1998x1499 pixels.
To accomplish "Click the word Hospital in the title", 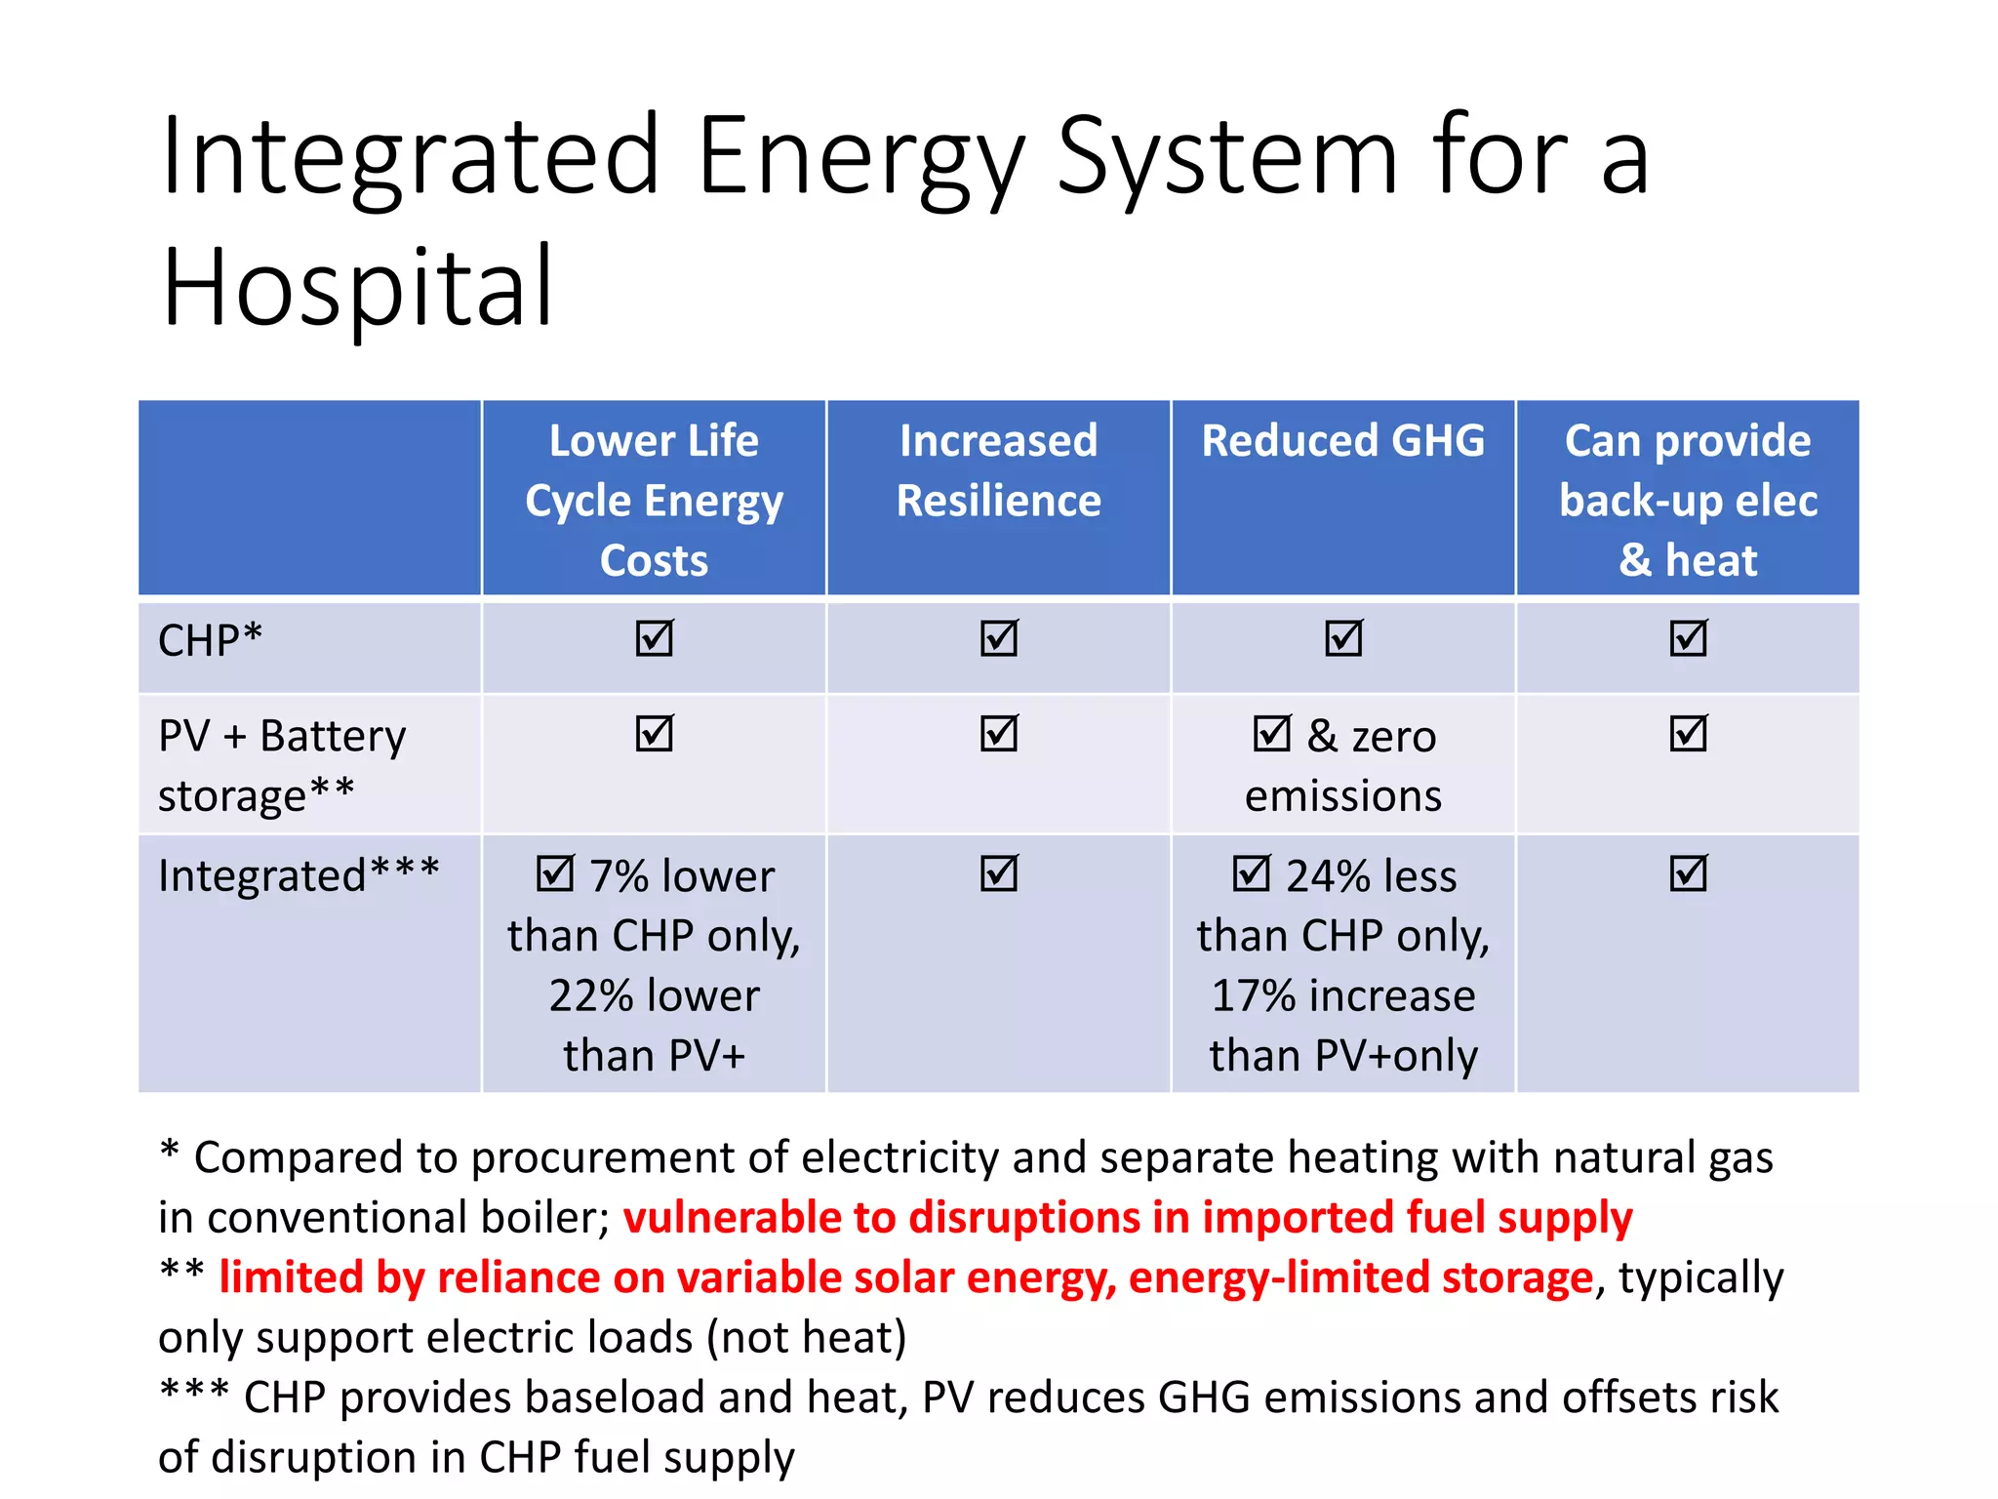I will click(x=358, y=288).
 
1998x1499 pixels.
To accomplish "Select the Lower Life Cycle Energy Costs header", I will click(x=654, y=500).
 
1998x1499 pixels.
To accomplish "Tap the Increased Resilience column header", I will click(x=998, y=470).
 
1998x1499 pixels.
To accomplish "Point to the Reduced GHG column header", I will click(x=1342, y=440).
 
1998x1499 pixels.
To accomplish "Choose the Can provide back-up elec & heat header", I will click(x=1687, y=500).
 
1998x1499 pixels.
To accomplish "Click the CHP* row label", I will click(x=210, y=641).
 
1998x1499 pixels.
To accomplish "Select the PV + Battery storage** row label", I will click(x=281, y=765).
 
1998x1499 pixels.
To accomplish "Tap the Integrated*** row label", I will click(x=299, y=875).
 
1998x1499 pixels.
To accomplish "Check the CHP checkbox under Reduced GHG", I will click(x=1343, y=638).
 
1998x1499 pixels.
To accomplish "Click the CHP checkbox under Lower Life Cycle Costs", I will click(x=654, y=638).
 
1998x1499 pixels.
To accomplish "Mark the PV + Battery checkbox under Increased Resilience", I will click(x=999, y=733).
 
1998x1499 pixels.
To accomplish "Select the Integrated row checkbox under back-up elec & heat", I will click(x=1688, y=872).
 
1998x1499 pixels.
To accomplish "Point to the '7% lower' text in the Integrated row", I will click(x=681, y=875).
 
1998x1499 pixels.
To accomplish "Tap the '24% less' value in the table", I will click(x=1371, y=875).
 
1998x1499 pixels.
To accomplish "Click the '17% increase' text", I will click(x=1342, y=996).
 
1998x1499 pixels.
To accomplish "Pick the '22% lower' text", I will click(x=654, y=996).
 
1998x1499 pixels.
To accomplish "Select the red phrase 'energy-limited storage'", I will click(x=1360, y=1277).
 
